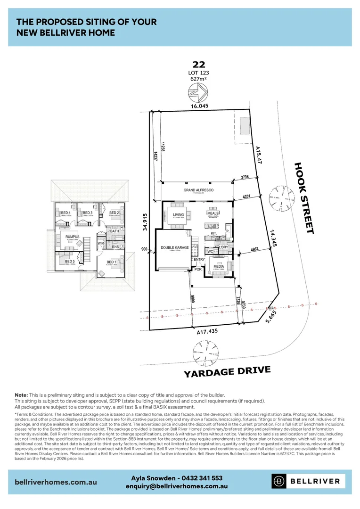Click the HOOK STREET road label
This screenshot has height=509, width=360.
point(304,198)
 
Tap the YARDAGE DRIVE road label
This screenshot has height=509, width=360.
point(227,371)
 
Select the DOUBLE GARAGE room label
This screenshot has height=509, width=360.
point(174,247)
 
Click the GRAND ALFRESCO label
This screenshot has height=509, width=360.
point(198,190)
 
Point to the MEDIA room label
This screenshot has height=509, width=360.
point(219,266)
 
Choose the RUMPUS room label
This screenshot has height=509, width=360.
point(72,237)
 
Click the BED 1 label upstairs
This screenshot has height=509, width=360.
point(112,262)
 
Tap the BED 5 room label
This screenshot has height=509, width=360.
point(70,262)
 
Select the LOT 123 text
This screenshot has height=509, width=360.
point(198,73)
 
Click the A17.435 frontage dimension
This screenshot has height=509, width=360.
point(207,332)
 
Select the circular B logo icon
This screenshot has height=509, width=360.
point(280,481)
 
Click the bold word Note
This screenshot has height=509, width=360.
point(21,394)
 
